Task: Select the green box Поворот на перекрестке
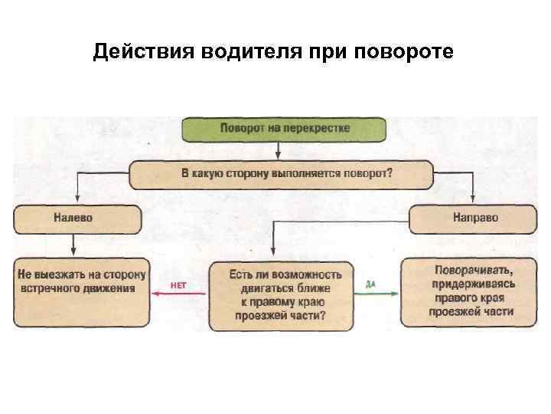coord(282,129)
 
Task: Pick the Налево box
coord(77,219)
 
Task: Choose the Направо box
coord(474,219)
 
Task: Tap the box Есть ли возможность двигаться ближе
coord(282,296)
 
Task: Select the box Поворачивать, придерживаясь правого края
coord(468,292)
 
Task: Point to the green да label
coord(370,284)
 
